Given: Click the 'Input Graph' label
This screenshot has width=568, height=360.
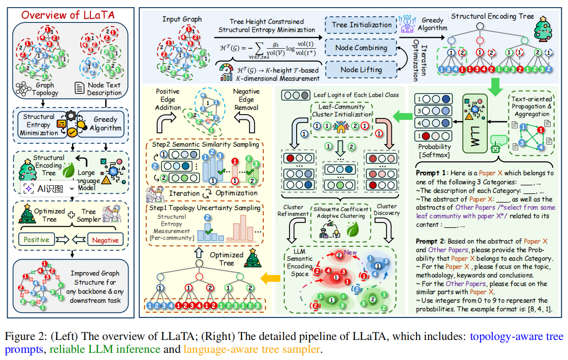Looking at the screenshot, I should pos(182,19).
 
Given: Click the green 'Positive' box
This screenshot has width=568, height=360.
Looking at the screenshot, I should pos(36,239).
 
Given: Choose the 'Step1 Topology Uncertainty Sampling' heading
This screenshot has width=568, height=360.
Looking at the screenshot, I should pos(204,208).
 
